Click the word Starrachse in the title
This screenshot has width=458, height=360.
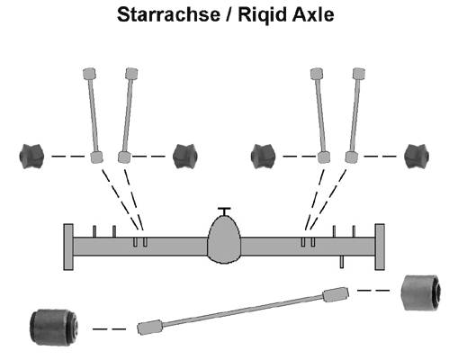[x=168, y=14]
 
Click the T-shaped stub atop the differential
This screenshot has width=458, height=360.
[x=224, y=211]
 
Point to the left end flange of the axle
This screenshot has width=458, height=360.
[x=68, y=247]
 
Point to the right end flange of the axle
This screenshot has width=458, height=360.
[x=380, y=247]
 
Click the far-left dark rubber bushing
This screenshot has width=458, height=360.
[x=31, y=157]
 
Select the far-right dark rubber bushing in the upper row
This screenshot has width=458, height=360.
[x=417, y=157]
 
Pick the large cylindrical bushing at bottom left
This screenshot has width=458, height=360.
[x=54, y=328]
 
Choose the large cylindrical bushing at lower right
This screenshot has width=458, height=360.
[x=421, y=292]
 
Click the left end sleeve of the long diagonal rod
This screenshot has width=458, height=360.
[x=150, y=327]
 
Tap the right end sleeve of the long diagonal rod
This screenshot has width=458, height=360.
[x=336, y=293]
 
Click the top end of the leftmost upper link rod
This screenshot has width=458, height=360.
[x=89, y=74]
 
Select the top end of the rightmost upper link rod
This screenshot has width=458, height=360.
[x=359, y=74]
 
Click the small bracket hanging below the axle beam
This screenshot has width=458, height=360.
[x=342, y=262]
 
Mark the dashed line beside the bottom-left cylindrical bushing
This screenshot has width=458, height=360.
[x=109, y=329]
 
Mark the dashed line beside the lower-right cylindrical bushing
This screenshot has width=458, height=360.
[x=373, y=290]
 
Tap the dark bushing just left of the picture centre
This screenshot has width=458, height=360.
[x=185, y=157]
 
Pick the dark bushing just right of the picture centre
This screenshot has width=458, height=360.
[x=264, y=157]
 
